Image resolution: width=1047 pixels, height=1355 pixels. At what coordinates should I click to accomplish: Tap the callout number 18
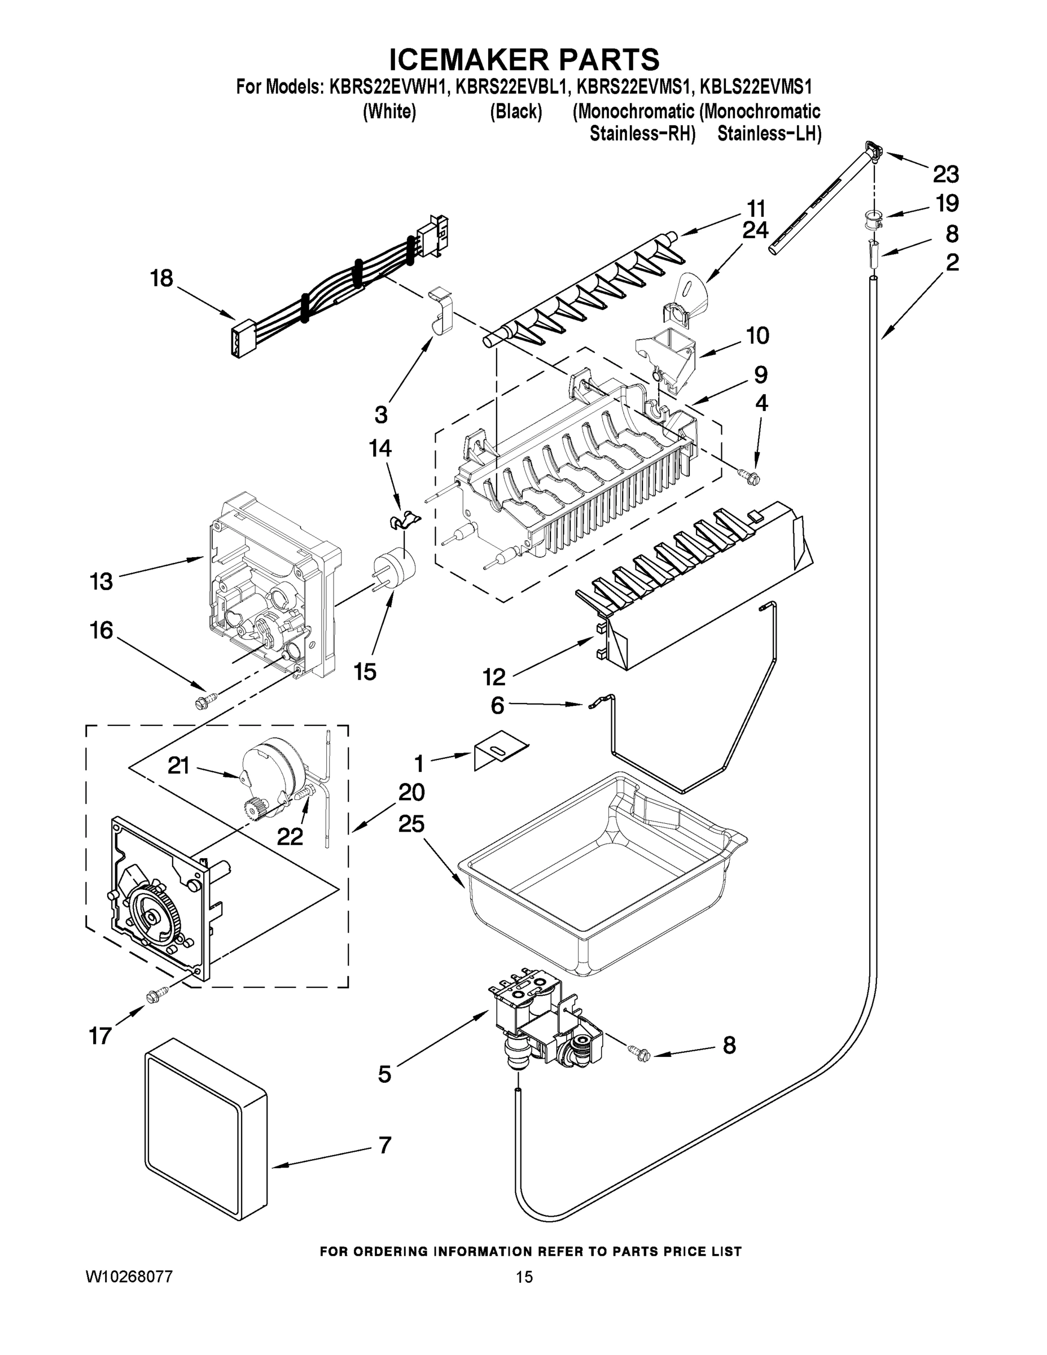click(161, 278)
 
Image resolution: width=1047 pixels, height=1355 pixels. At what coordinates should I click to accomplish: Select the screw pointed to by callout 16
click(203, 701)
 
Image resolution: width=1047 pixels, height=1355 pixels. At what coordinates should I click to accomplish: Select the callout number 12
click(494, 677)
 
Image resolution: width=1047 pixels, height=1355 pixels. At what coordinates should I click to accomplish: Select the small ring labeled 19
click(874, 219)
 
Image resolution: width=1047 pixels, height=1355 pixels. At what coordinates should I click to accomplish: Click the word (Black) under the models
click(516, 112)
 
